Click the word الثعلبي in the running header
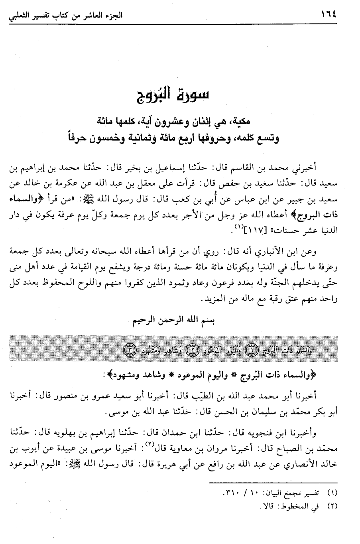[x=18, y=16]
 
